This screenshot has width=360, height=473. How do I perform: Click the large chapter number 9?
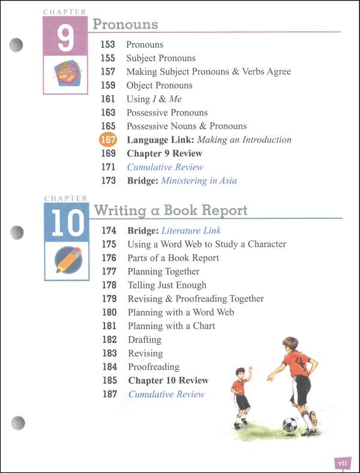(65, 38)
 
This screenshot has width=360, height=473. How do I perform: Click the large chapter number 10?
(66, 222)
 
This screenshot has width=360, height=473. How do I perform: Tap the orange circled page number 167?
(108, 140)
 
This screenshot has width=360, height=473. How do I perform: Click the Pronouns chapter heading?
(125, 24)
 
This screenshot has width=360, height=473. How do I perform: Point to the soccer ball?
(290, 424)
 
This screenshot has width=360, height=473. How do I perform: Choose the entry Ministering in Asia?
(199, 180)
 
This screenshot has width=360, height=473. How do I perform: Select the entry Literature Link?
(191, 230)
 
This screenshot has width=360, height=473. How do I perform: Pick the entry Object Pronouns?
(159, 85)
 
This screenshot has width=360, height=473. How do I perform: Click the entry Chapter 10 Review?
(168, 380)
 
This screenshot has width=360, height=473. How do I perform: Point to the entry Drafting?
(145, 339)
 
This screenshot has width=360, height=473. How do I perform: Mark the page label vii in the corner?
(342, 462)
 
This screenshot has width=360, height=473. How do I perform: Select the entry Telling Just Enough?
(167, 285)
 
